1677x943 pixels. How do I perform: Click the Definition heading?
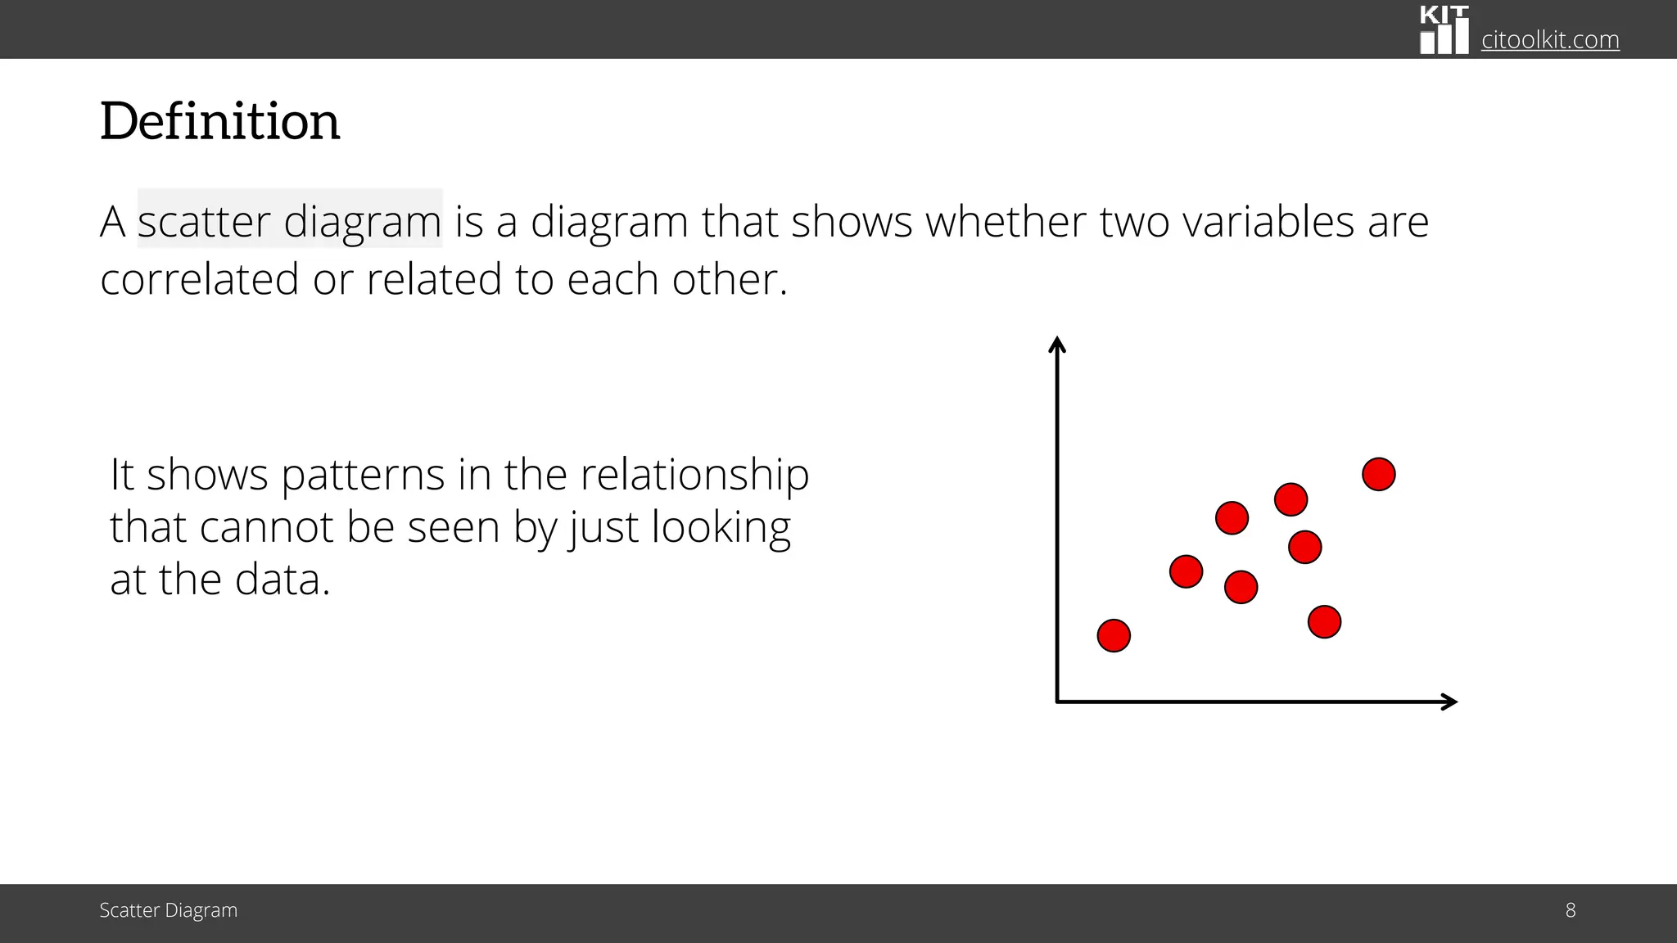[x=219, y=122]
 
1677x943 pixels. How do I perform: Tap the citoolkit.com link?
[x=1549, y=39]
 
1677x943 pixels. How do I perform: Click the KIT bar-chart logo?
[x=1444, y=30]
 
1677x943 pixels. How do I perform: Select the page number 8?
[x=1570, y=910]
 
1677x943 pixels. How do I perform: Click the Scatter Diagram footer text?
[x=168, y=910]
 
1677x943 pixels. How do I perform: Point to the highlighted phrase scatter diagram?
[x=289, y=221]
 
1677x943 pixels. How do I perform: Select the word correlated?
[x=199, y=279]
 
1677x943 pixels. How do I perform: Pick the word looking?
[x=721, y=527]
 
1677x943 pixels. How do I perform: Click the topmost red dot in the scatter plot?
[x=1378, y=474]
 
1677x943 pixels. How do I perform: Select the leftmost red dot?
[x=1114, y=635]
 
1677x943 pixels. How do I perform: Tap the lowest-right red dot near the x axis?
[x=1324, y=622]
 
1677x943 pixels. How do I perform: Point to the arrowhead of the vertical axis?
[x=1057, y=344]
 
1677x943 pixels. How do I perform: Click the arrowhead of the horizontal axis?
[x=1450, y=702]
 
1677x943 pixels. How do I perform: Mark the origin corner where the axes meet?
[x=1058, y=702]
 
